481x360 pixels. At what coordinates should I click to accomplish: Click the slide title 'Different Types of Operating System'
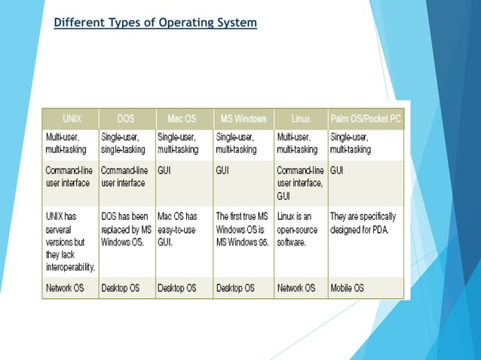point(156,23)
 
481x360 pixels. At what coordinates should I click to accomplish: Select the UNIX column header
point(70,120)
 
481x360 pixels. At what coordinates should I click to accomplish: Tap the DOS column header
point(126,120)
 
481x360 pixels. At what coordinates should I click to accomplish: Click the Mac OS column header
point(183,120)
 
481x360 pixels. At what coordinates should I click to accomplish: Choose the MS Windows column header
point(243,120)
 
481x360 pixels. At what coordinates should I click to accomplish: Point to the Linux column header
point(300,120)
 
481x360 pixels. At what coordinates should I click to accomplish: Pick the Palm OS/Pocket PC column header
point(366,120)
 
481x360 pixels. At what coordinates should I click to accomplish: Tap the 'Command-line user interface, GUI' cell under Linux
point(300,182)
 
